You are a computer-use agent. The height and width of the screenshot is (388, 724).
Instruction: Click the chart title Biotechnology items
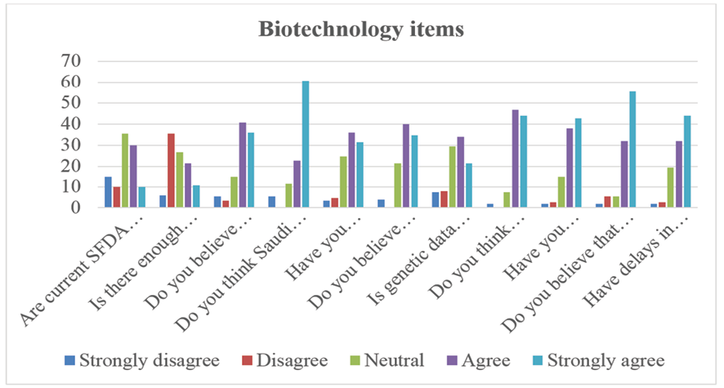pyautogui.click(x=361, y=29)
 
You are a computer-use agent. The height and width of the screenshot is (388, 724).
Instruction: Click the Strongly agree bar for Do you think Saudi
pyautogui.click(x=305, y=145)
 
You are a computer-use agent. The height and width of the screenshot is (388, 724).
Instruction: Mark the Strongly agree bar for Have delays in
pyautogui.click(x=687, y=162)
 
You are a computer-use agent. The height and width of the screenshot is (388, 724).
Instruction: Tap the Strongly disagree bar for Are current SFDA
pyautogui.click(x=108, y=192)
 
